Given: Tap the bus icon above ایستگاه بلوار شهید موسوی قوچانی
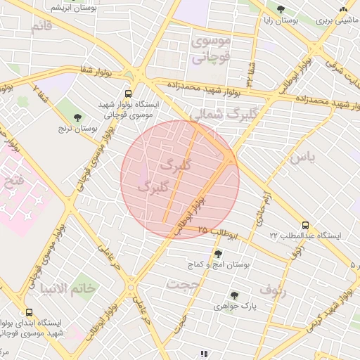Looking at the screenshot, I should [x=127, y=93].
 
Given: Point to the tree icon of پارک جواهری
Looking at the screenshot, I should [x=233, y=296].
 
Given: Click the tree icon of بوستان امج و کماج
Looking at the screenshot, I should [x=218, y=254].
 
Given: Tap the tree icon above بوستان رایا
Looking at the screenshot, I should [x=281, y=10].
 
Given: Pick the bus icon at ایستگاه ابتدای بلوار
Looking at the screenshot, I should [x=29, y=311].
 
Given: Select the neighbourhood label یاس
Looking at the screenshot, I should [x=302, y=157].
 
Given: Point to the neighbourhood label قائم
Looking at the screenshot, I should [x=41, y=27].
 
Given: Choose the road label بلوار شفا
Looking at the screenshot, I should [x=77, y=72].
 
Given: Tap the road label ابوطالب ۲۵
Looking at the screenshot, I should [x=218, y=232].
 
